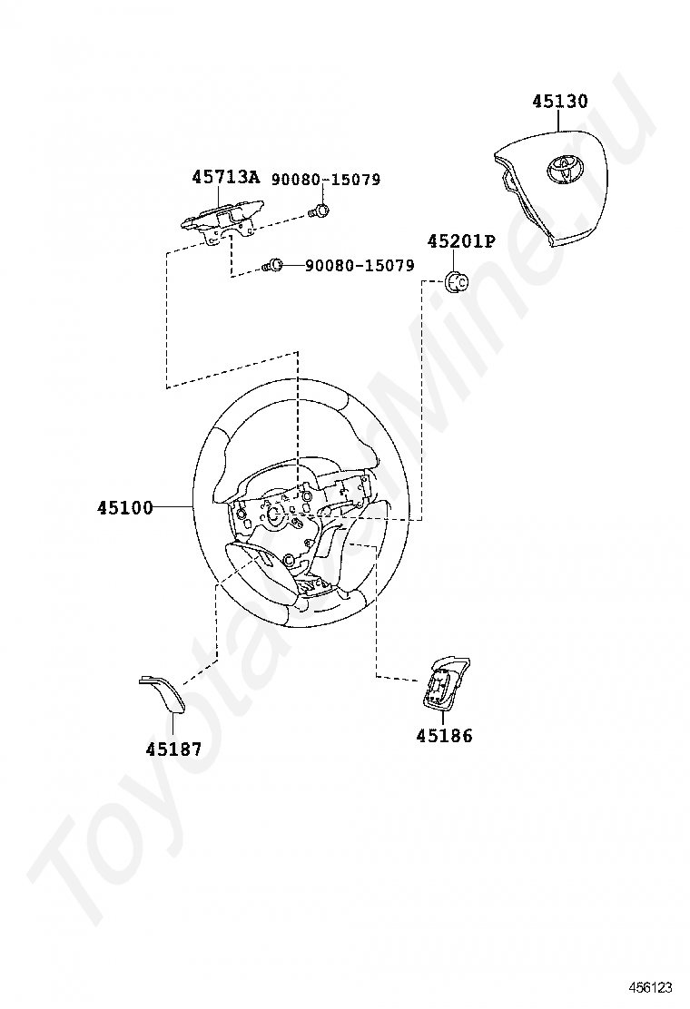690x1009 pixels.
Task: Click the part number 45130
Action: click(559, 102)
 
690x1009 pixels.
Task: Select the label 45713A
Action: click(225, 178)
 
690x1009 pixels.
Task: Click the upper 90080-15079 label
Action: click(325, 180)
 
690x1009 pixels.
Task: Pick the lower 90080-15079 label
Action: click(360, 266)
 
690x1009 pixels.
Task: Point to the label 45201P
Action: click(461, 241)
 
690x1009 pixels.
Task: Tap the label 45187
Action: click(173, 749)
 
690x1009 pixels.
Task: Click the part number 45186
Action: click(444, 736)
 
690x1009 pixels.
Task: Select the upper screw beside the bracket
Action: click(319, 212)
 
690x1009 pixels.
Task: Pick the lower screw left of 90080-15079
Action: click(273, 266)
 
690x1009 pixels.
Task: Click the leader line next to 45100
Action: click(173, 507)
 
